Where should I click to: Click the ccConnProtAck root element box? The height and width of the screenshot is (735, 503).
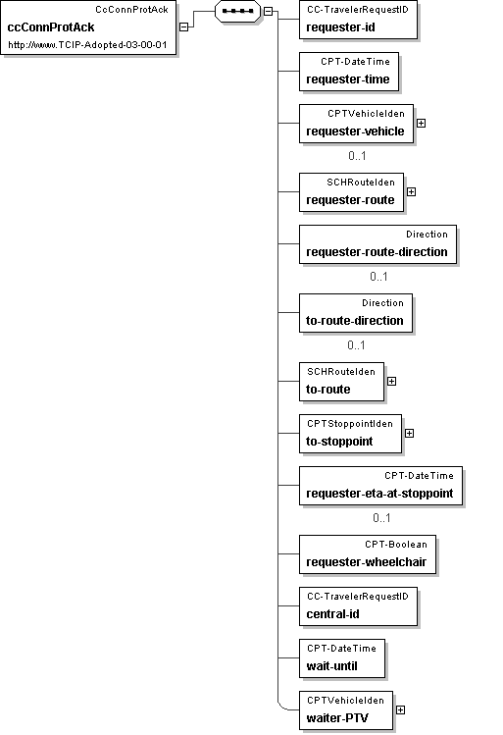88,27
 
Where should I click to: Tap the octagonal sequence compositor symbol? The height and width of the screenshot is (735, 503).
238,11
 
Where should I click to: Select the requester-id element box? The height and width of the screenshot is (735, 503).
358,21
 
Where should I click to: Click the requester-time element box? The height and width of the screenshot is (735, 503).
349,72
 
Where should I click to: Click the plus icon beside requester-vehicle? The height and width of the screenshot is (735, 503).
421,124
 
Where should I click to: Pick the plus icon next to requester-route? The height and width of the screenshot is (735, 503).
411,191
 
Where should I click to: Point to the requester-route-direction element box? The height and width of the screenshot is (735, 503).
377,244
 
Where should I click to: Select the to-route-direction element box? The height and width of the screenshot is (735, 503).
356,313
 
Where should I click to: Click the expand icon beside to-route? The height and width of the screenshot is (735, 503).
391,381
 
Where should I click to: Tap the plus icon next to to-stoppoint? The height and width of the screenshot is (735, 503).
409,433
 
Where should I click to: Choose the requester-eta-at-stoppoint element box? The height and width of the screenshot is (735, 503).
380,486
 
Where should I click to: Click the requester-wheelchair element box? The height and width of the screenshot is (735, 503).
368,554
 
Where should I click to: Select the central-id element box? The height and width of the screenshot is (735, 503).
358,606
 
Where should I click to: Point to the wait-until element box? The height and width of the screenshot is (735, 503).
342,658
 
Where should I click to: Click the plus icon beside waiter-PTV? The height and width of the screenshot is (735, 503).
400,710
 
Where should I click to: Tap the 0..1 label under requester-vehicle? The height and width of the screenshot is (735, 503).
357,156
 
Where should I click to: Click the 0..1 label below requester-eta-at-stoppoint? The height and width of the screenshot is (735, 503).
381,517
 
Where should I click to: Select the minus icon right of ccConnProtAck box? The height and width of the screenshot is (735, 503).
184,27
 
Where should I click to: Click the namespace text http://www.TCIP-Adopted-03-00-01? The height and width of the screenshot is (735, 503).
87,45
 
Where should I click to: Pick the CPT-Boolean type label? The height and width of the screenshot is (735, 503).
396,545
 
